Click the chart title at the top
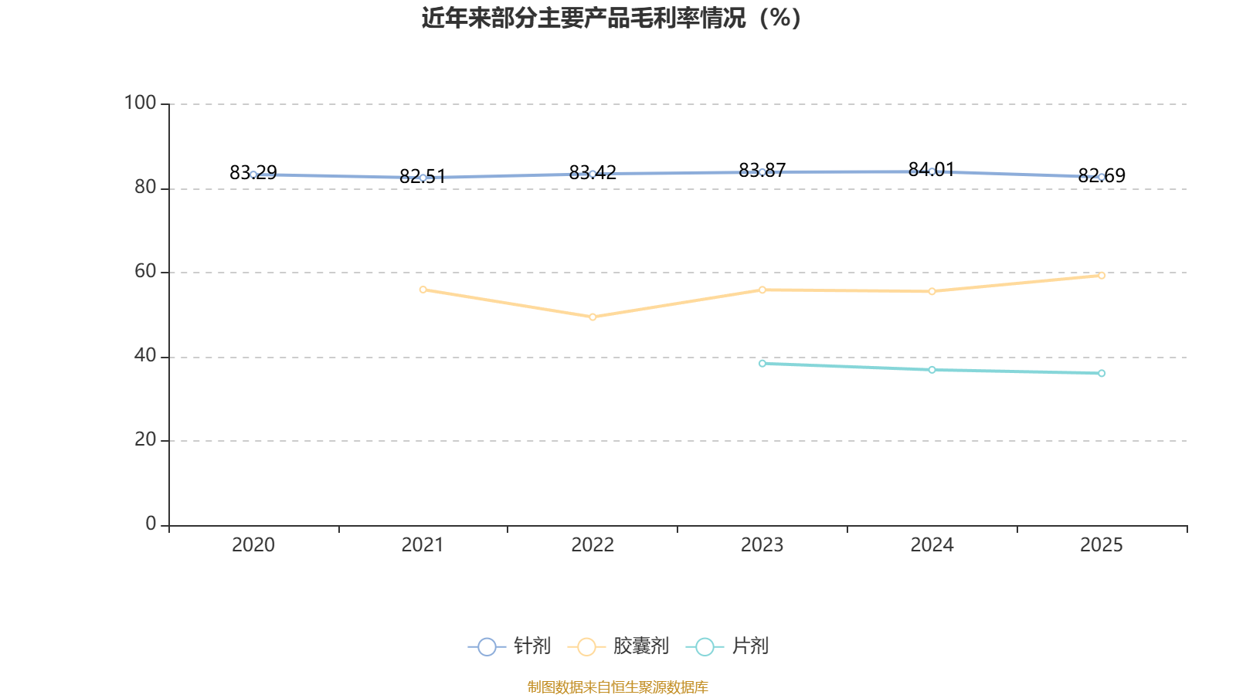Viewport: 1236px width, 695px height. [611, 19]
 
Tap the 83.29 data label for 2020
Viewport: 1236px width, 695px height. [253, 173]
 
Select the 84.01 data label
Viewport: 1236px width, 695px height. [932, 169]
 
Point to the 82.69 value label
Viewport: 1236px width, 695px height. [1102, 175]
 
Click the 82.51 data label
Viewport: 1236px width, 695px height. [423, 177]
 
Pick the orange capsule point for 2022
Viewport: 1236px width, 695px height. [593, 317]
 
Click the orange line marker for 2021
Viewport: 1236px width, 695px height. [423, 290]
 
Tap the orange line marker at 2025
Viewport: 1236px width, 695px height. [1102, 275]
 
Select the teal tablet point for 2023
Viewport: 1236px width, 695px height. [762, 364]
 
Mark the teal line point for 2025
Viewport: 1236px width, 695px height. [1102, 374]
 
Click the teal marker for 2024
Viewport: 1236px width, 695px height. [932, 370]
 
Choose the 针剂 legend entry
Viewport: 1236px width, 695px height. [509, 646]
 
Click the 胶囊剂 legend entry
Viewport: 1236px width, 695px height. [618, 646]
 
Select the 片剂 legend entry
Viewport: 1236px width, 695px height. [727, 646]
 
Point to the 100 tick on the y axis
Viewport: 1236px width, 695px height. [140, 103]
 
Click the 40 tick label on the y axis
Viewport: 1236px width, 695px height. [145, 356]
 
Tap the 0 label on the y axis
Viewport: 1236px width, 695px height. [151, 524]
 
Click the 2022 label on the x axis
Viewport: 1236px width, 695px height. [593, 545]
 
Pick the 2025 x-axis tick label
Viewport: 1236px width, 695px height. [1102, 545]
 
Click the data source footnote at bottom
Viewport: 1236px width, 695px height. [618, 687]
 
